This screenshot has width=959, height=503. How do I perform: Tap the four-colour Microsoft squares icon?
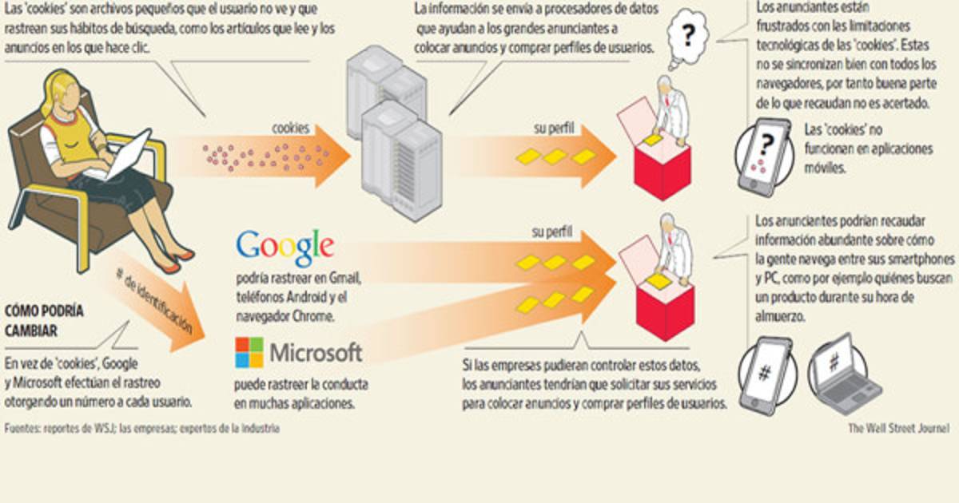point(249,351)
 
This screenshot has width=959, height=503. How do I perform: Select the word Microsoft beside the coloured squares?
point(316,352)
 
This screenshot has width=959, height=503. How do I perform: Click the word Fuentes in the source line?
point(22,429)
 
